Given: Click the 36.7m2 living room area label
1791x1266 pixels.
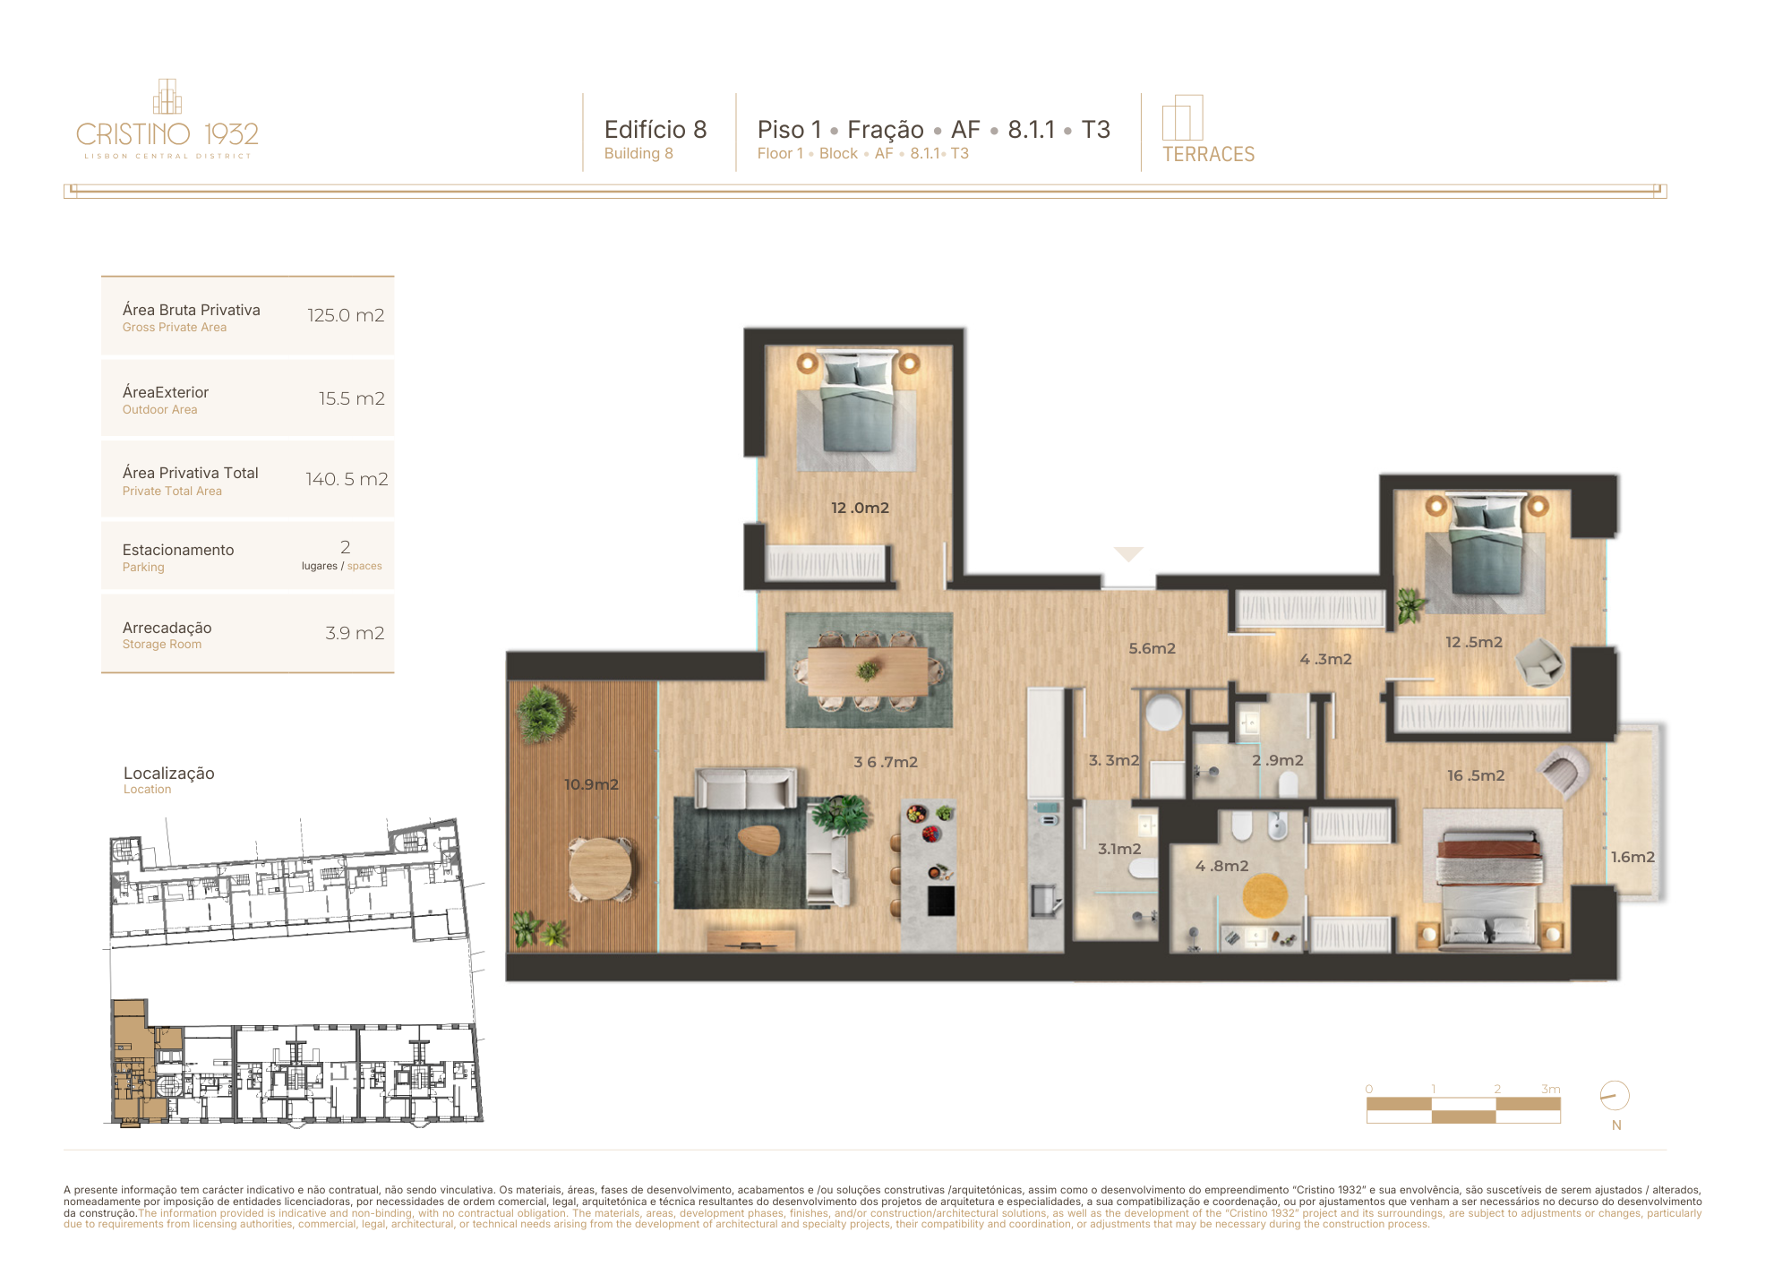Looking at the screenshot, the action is [x=886, y=762].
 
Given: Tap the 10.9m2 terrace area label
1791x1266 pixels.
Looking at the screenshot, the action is [x=591, y=784].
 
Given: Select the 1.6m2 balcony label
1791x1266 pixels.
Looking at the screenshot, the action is [x=1632, y=857].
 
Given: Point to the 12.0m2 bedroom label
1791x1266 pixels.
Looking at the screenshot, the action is [x=860, y=508].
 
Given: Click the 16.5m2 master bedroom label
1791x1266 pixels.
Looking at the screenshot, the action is [x=1476, y=775].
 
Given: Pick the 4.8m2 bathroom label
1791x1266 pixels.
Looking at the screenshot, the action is [x=1221, y=866].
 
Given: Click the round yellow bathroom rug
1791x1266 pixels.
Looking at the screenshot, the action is [x=1264, y=894].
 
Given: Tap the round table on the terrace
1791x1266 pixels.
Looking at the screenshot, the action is [x=600, y=868].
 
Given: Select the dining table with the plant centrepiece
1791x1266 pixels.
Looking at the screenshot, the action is [x=868, y=671].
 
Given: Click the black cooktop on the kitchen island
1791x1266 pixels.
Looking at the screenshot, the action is [x=940, y=901].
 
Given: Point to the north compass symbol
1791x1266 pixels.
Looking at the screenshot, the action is [x=1615, y=1096].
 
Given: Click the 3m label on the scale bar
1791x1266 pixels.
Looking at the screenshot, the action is [x=1551, y=1089].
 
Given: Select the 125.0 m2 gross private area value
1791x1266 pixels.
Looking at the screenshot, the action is [x=346, y=315].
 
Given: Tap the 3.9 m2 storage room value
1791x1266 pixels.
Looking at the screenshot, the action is [x=355, y=633].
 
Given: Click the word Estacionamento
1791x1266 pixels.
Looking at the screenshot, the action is [x=178, y=550].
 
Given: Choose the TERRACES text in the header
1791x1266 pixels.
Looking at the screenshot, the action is [x=1208, y=154].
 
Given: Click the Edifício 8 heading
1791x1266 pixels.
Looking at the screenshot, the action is [x=656, y=130].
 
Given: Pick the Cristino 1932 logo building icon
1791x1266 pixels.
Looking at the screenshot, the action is [x=167, y=97].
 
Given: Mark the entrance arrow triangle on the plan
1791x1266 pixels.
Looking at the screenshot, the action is [x=1128, y=554].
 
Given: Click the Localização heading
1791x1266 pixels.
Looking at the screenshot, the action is [x=169, y=773].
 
